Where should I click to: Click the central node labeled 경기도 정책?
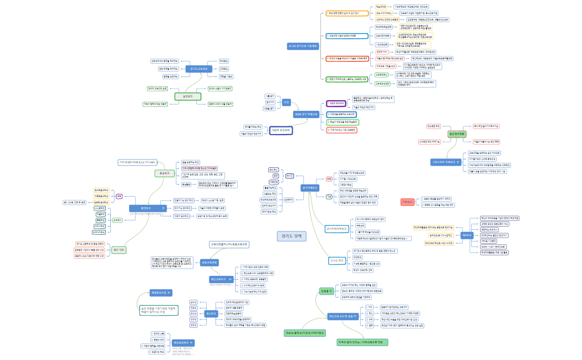click(x=291, y=235)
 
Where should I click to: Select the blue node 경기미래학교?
click(x=310, y=188)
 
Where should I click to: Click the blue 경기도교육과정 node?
click(x=198, y=69)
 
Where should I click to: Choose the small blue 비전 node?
click(x=287, y=102)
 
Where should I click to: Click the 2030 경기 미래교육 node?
click(x=307, y=114)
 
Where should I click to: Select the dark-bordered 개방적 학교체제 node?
click(x=281, y=130)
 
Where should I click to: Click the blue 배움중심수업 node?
click(x=161, y=292)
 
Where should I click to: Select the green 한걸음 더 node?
click(x=326, y=291)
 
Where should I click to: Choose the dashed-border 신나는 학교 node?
click(x=337, y=260)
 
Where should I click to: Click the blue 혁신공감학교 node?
click(x=183, y=343)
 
